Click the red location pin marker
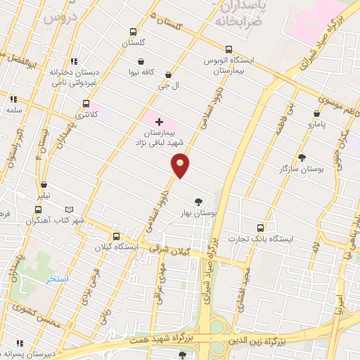click(181, 167)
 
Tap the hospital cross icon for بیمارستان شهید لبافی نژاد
click(159, 122)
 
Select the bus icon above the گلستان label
click(133, 32)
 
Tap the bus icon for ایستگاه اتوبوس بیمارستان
click(229, 49)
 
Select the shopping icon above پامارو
click(316, 112)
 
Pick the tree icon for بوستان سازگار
click(302, 157)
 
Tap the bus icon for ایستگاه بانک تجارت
click(261, 228)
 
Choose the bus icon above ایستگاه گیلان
click(116, 236)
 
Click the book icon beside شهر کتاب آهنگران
click(69, 210)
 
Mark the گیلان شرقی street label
click(172, 247)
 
